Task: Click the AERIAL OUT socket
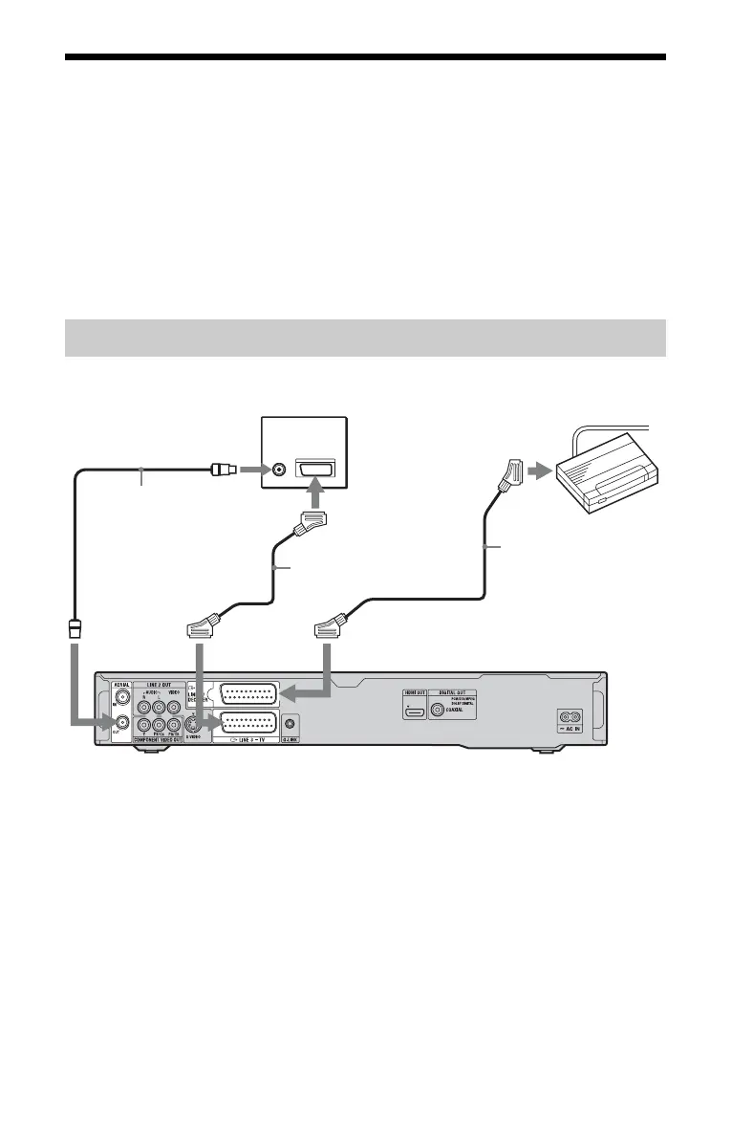click(x=123, y=723)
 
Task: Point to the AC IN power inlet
click(x=570, y=715)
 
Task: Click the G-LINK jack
click(x=290, y=724)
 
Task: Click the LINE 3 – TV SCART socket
click(x=248, y=724)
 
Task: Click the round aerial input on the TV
click(x=278, y=471)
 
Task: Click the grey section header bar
click(x=365, y=338)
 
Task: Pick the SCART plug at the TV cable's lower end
click(x=202, y=627)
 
